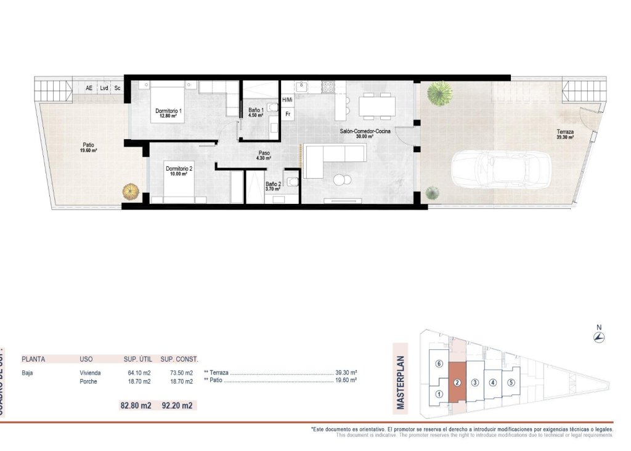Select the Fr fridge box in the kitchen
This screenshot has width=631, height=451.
click(288, 114)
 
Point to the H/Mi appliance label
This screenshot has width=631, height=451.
click(287, 100)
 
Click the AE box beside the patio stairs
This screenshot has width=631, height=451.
click(89, 88)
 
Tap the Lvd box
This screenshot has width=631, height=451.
click(104, 88)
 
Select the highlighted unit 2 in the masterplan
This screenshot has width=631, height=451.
click(457, 383)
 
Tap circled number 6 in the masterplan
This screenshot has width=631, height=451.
click(439, 364)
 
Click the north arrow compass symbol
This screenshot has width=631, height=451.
click(598, 337)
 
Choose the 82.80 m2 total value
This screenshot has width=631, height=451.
click(136, 405)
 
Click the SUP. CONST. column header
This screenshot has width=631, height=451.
click(179, 359)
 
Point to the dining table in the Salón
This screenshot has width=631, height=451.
click(377, 105)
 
